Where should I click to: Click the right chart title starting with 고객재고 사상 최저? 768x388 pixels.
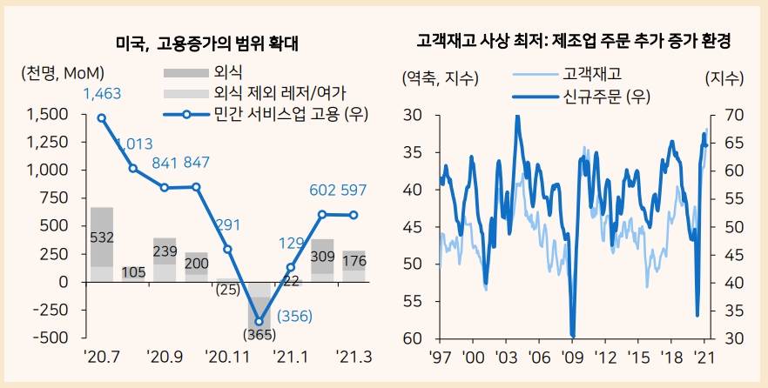[573, 41]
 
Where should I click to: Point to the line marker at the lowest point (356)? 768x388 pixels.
[259, 322]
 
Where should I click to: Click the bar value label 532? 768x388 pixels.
[102, 237]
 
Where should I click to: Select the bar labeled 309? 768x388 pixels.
[322, 257]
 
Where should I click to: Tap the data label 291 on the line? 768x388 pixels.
[227, 225]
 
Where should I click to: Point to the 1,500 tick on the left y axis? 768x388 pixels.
[48, 114]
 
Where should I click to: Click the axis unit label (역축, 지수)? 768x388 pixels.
[440, 78]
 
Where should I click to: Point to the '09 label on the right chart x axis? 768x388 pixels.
[571, 357]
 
